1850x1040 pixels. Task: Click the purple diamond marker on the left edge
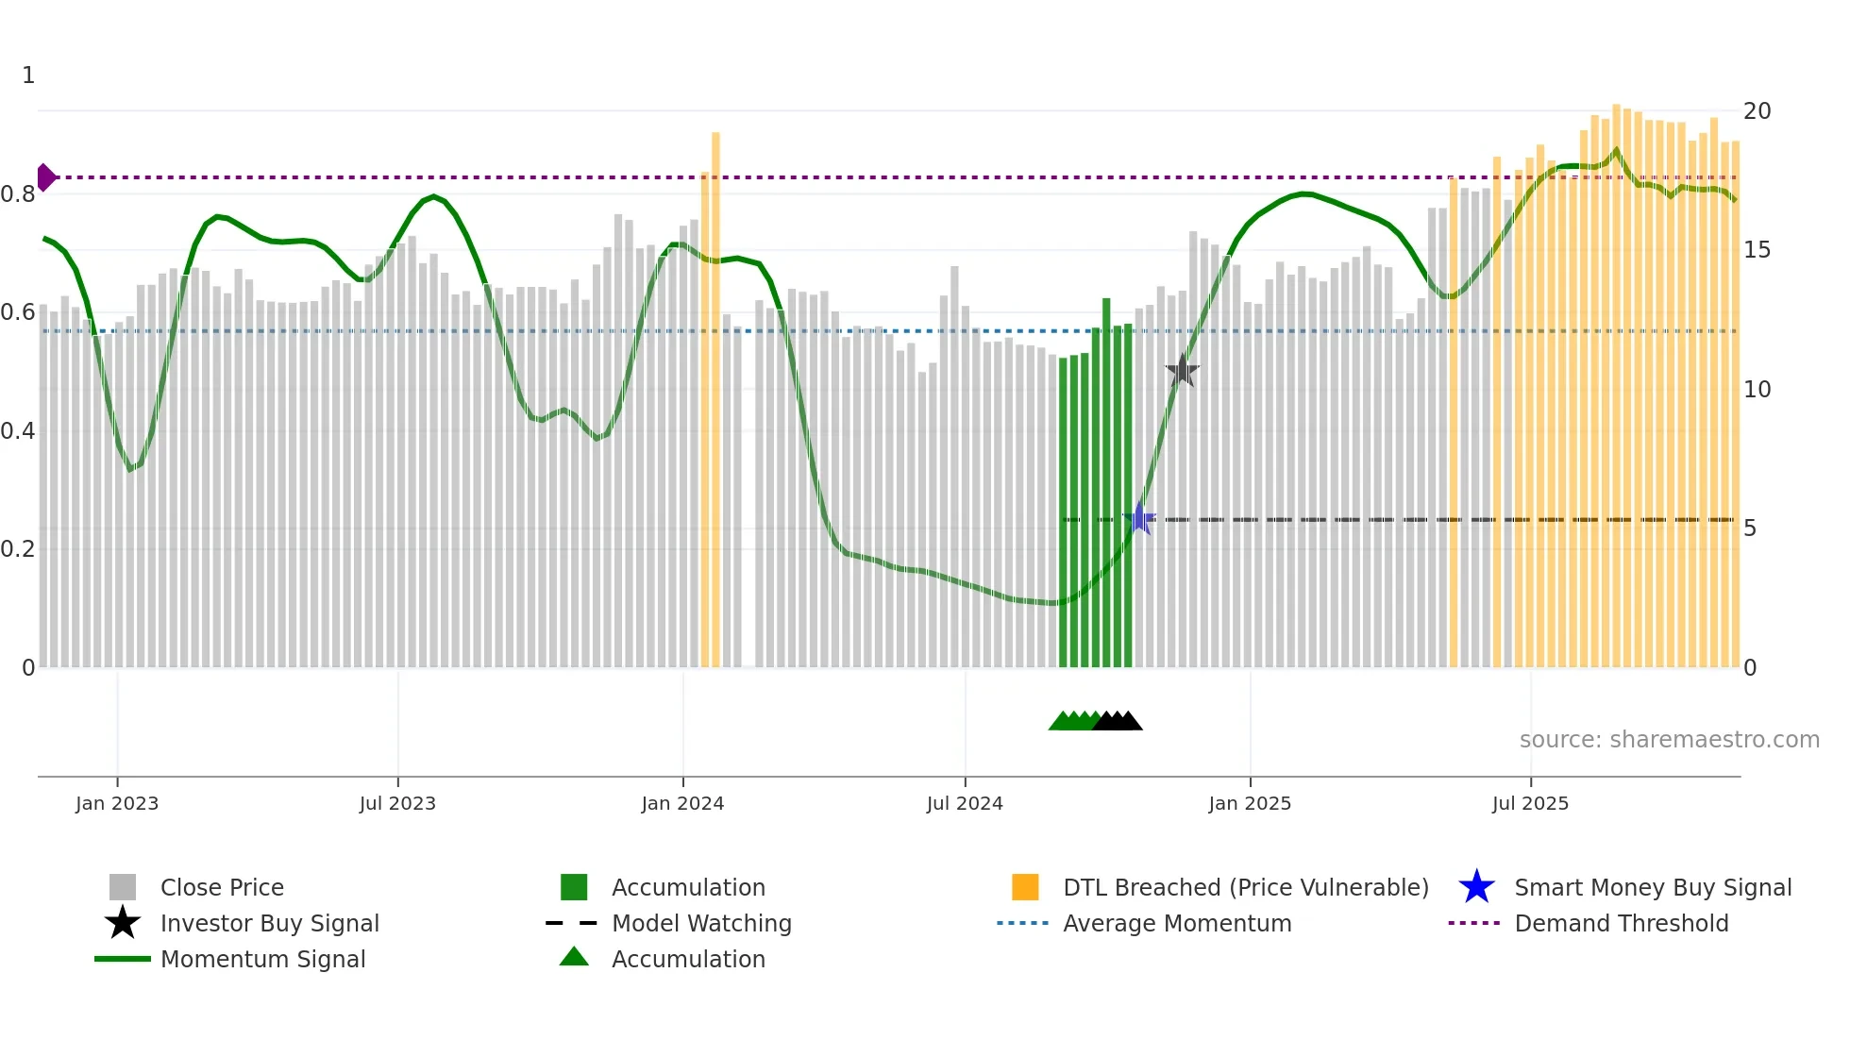point(45,177)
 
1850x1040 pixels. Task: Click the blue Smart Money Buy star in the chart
point(1139,519)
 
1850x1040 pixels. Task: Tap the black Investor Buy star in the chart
point(1182,371)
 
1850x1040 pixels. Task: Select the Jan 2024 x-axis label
point(682,804)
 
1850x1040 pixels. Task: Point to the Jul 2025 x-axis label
point(1530,804)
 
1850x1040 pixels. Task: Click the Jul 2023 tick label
point(397,804)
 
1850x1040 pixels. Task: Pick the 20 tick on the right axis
point(1757,111)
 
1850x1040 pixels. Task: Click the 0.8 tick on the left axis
point(18,194)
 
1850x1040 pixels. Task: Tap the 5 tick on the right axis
point(1750,528)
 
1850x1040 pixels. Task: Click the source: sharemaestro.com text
point(1669,740)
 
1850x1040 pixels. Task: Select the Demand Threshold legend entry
point(1621,924)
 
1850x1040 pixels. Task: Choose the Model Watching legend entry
point(700,924)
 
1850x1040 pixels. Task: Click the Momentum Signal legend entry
point(262,960)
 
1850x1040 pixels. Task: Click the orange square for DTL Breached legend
point(1025,887)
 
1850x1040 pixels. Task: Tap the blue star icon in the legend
point(1476,887)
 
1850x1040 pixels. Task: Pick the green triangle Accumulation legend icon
point(574,958)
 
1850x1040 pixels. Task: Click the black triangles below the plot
point(1118,721)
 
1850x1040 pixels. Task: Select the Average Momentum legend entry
point(1176,924)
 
